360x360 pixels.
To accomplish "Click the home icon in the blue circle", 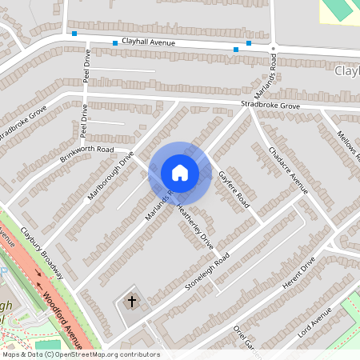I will click(179, 172).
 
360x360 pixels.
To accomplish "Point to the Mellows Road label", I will click(349, 144).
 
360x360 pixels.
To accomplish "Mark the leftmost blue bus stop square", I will click(74, 34).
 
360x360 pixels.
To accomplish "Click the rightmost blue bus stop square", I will click(249, 43).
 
